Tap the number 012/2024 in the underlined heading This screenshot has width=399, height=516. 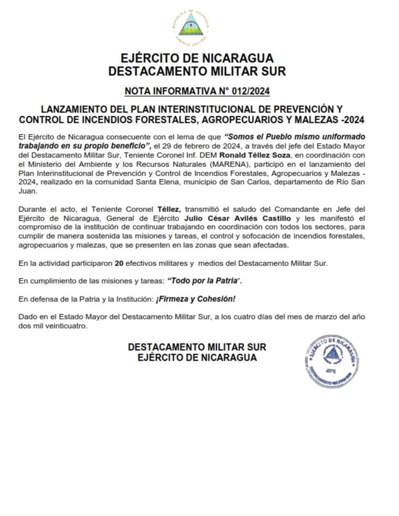click(251, 91)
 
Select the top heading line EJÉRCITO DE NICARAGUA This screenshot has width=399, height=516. click(197, 58)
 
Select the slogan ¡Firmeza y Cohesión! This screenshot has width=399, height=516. click(195, 299)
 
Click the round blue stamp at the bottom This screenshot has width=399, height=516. click(332, 360)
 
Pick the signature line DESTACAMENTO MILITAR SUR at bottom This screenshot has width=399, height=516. click(197, 347)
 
